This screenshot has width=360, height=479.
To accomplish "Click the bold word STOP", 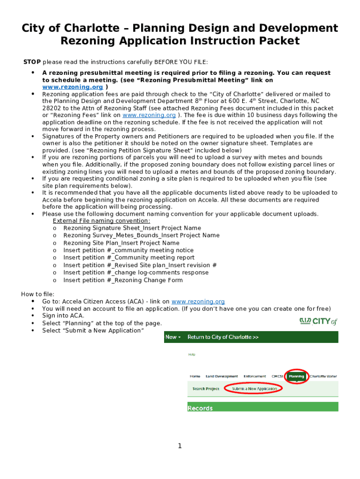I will [32, 62].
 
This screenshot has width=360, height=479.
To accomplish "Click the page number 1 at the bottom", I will [180, 446].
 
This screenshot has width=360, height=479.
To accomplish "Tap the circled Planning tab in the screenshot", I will [296, 376].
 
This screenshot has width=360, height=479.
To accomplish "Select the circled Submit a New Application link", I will [254, 389].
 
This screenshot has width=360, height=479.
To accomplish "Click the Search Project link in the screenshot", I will [206, 389].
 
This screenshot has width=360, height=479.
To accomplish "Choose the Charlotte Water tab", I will [323, 376].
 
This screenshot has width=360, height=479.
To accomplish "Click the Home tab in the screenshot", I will [195, 376].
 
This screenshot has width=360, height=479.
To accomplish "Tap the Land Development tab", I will [222, 376].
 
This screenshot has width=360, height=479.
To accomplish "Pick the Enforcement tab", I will [255, 376].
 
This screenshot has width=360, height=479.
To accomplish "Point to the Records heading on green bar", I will [200, 408].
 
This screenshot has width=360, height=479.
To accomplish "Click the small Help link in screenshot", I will [192, 354].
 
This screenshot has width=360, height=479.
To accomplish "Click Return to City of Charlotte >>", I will [223, 337].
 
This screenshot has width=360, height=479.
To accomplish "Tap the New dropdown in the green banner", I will [173, 337].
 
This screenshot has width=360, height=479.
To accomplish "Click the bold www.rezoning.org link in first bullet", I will [72, 87].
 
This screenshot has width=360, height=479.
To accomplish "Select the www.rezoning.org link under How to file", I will [198, 302].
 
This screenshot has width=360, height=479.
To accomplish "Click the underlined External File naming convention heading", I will [101, 221].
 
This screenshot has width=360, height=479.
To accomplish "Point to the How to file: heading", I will [37, 294].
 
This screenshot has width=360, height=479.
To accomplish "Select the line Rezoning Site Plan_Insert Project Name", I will [121, 243].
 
